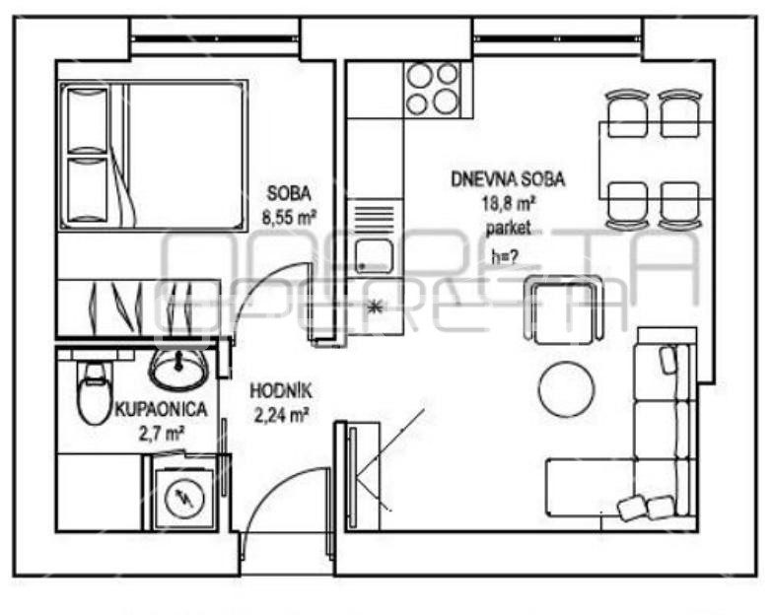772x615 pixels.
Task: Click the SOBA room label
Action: pos(289,193)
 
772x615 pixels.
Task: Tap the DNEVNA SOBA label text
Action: pos(508,179)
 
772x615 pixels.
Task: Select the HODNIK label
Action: pos(281,391)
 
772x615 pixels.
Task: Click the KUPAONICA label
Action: pos(161,409)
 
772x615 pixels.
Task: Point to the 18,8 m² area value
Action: pos(509,203)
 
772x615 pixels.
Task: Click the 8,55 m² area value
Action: pos(289,217)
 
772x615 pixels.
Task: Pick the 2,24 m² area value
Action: pos(281,416)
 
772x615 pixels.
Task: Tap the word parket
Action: pos(508,228)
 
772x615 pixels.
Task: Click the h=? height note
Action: pos(505,256)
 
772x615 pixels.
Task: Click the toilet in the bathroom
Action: pos(95,393)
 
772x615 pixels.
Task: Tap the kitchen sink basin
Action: pos(375,255)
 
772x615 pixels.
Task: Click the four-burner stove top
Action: pos(432,89)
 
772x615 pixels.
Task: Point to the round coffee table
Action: pos(567,389)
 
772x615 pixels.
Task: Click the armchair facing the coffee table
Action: pos(563,309)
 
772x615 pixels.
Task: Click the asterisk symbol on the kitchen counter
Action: pos(375,307)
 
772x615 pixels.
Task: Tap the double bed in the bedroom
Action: pos(153,156)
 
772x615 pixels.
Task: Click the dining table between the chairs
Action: pos(655,160)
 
